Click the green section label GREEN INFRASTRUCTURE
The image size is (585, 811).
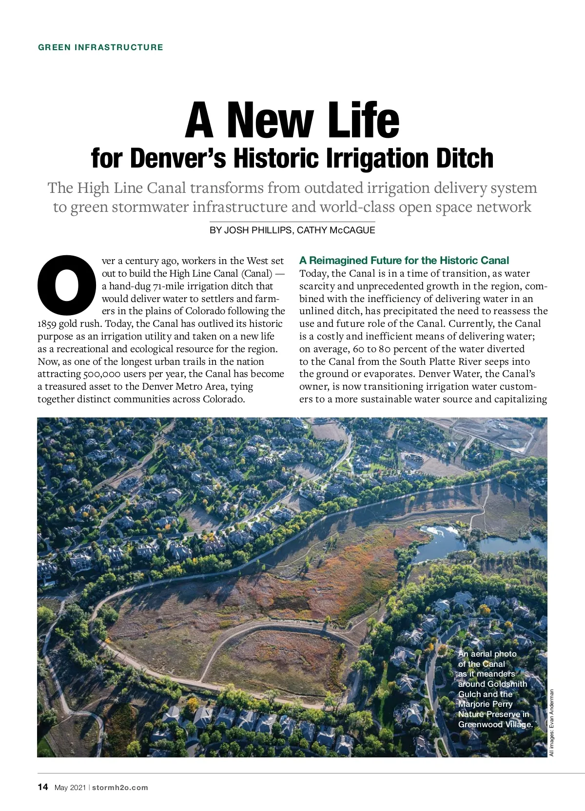(100, 47)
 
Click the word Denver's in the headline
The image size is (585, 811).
(178, 158)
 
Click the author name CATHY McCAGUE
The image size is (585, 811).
(336, 230)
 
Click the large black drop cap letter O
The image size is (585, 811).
(67, 284)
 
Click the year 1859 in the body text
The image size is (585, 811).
(47, 324)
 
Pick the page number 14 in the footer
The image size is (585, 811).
(43, 787)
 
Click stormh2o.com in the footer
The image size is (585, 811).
(120, 788)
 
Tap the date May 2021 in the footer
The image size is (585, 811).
(70, 788)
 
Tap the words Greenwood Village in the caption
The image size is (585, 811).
(495, 724)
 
